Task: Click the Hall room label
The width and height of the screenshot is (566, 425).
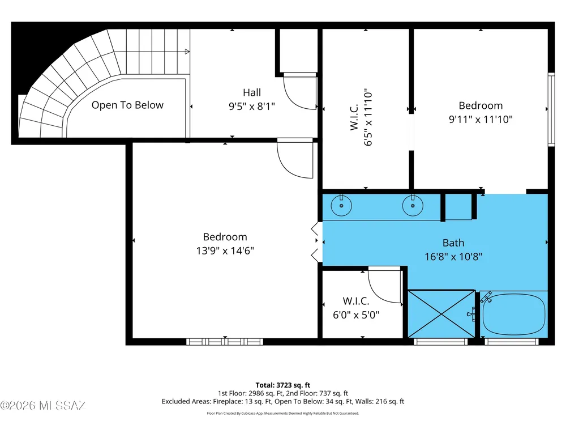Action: [252, 92]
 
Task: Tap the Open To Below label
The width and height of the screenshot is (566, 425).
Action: [127, 105]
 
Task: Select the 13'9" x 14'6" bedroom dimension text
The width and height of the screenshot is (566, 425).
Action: [225, 250]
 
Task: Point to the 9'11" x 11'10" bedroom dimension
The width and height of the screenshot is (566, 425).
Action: [481, 119]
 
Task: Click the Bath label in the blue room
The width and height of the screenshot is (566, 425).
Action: [453, 243]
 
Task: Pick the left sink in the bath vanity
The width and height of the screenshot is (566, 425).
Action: [341, 205]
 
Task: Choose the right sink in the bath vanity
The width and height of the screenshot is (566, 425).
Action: [413, 205]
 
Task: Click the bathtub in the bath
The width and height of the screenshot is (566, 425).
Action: [514, 314]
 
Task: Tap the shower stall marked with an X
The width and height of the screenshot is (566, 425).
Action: [441, 314]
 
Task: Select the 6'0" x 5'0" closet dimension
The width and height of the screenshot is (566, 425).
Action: [356, 314]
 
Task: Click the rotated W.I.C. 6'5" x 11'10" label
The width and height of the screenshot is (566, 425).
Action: [361, 117]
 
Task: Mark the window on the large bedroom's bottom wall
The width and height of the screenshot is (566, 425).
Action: [225, 342]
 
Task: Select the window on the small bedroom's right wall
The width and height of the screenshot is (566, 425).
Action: [551, 109]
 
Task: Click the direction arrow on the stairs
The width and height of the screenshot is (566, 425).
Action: [187, 52]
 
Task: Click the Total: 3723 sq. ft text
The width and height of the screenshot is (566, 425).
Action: [283, 385]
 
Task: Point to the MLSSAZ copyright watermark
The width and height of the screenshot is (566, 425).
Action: [42, 406]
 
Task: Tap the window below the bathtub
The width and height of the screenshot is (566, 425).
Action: [512, 342]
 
